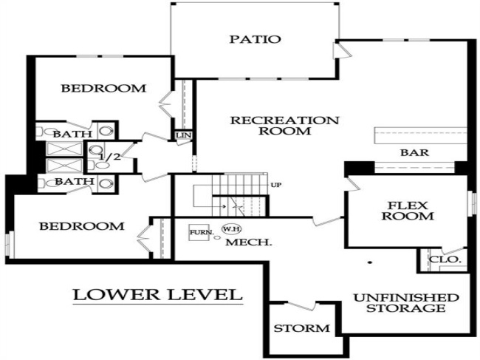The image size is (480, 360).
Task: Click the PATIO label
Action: [254, 39]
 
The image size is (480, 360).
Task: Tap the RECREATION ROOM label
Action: [284, 126]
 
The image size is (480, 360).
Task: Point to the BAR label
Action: [415, 153]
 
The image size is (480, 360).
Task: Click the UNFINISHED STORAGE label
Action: [406, 302]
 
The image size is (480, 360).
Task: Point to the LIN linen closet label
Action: [182, 135]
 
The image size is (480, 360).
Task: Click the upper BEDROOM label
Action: [103, 89]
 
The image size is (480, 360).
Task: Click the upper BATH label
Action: [72, 134]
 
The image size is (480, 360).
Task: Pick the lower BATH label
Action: [74, 181]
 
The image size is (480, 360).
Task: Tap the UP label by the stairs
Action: [277, 184]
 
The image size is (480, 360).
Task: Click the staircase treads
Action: [244, 185]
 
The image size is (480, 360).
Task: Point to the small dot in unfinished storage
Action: [368, 262]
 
